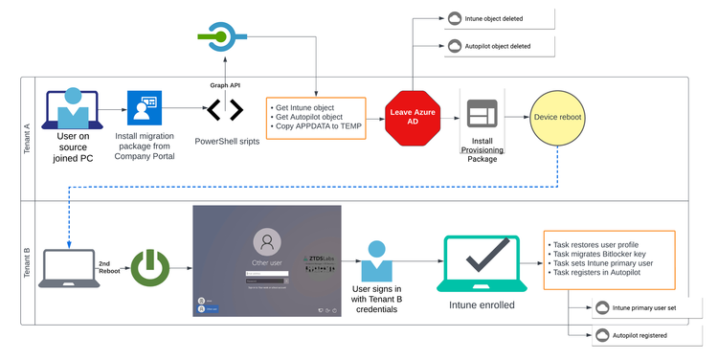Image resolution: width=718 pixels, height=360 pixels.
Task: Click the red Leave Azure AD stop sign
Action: pos(413,118)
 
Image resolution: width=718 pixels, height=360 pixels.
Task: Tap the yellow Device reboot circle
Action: pos(558,117)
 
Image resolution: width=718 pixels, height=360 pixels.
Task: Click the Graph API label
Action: pos(226,84)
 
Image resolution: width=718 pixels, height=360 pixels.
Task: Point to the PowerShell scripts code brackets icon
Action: pos(226,112)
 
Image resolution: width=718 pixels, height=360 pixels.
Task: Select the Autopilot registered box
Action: pos(641,335)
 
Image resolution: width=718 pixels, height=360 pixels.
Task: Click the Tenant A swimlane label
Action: pos(27,140)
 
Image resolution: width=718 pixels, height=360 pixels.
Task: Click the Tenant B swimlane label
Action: pos(27,262)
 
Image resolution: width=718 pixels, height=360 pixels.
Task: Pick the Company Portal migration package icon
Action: pos(145,110)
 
